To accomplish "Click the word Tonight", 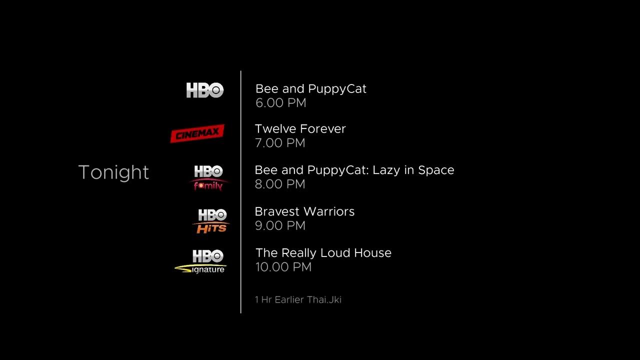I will (x=114, y=172).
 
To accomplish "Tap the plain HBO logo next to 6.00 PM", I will (x=204, y=90).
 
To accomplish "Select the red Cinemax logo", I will (x=197, y=133).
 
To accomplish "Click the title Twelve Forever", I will (x=300, y=129).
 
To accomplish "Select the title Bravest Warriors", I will (x=304, y=211).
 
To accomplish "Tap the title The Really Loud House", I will (x=323, y=253).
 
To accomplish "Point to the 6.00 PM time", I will (x=280, y=103).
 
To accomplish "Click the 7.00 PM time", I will (x=280, y=143).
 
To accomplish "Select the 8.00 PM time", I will (x=280, y=184).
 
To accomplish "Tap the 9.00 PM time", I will (x=280, y=225).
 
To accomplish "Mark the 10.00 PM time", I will (x=283, y=267).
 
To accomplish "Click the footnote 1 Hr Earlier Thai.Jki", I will (x=298, y=300).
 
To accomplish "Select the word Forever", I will (x=322, y=129).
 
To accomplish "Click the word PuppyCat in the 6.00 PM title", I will (x=337, y=89).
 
